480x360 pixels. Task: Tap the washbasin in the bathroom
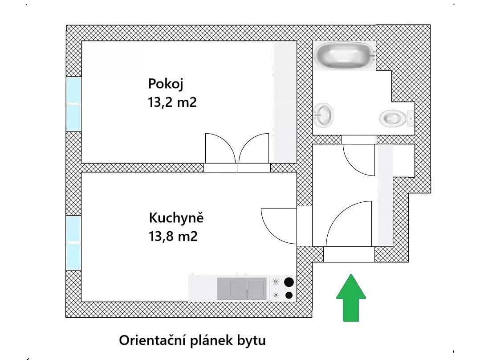tap(324, 115)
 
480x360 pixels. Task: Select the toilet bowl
tap(393, 118)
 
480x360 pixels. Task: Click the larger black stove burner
tap(289, 282)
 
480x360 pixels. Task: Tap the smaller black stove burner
tap(289, 295)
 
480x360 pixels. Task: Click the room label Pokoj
tap(166, 83)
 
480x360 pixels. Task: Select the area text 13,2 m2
tap(172, 103)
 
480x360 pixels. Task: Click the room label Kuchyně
tap(176, 218)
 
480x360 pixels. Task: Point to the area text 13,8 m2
tap(173, 236)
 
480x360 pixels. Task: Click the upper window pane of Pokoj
tap(73, 90)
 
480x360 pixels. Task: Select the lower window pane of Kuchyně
tap(73, 257)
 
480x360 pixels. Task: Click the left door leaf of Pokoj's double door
tap(220, 148)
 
